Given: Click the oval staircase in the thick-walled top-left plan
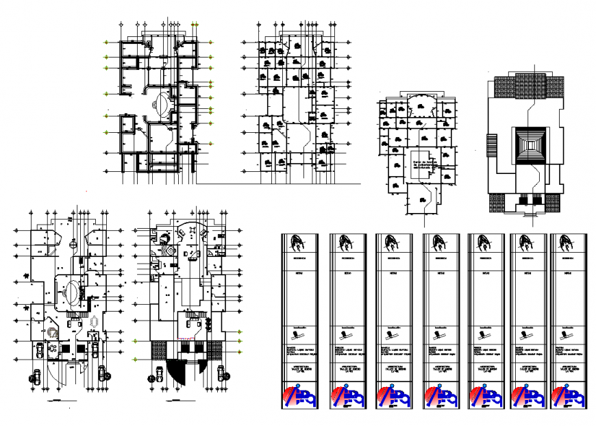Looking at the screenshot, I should point(162,104).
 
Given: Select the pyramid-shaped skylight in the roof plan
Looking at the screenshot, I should point(529,145).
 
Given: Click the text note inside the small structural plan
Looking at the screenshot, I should point(426,164).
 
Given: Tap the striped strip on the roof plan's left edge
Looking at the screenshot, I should point(491,145).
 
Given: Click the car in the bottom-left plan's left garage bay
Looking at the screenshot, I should point(40,349).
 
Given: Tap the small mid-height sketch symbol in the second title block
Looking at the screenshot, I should point(344,335).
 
